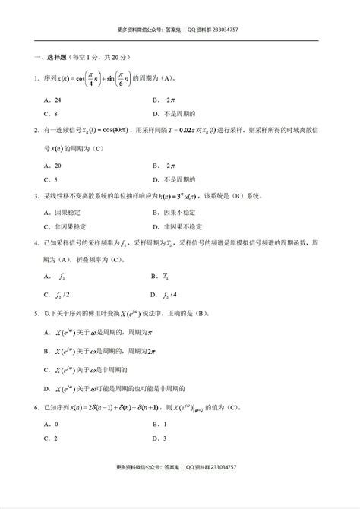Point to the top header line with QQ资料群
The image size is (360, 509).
[x=179, y=30]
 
